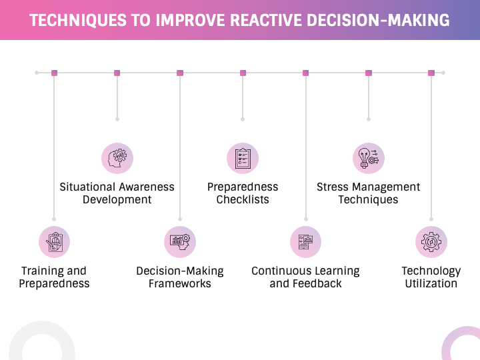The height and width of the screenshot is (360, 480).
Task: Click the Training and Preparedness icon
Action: click(x=54, y=242)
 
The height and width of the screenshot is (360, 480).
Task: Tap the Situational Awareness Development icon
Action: click(x=117, y=159)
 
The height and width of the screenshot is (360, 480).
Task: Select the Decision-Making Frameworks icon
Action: click(x=180, y=242)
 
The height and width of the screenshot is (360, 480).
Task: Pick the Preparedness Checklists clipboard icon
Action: click(x=243, y=159)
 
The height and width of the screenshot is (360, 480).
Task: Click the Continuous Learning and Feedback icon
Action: click(x=305, y=242)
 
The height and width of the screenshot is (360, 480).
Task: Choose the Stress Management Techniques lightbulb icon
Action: click(x=368, y=159)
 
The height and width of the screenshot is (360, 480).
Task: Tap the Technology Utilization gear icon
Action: click(x=431, y=242)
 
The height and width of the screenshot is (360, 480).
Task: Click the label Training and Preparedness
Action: click(x=54, y=277)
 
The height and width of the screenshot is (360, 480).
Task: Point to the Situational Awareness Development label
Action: click(x=117, y=193)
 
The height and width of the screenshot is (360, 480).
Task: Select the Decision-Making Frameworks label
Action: click(x=180, y=277)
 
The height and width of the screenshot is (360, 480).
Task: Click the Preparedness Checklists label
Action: click(x=243, y=193)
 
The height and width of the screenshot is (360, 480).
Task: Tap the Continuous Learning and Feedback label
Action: click(x=305, y=277)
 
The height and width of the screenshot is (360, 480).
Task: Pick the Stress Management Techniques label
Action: click(x=368, y=193)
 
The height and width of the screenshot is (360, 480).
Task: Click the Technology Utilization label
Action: click(x=431, y=277)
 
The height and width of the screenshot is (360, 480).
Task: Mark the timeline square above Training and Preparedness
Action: click(x=54, y=73)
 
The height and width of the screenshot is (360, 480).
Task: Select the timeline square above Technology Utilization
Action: click(x=431, y=73)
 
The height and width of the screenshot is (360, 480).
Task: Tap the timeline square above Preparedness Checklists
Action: click(x=243, y=73)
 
